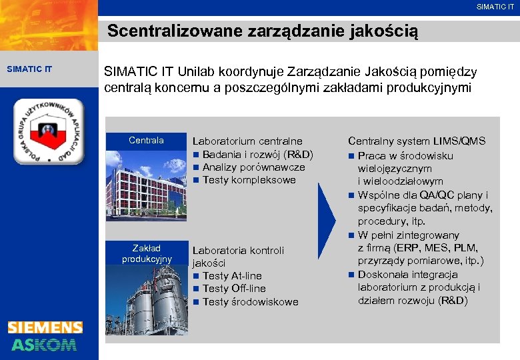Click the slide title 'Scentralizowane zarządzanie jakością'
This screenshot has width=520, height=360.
[x=263, y=31]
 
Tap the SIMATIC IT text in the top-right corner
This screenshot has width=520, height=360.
[x=495, y=7]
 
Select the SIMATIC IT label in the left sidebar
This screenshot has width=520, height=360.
[x=29, y=68]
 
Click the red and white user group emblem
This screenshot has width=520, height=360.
[x=50, y=132]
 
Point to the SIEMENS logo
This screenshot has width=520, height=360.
[x=45, y=327]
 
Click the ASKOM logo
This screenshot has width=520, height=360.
[x=44, y=344]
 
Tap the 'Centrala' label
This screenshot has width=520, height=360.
[x=146, y=141]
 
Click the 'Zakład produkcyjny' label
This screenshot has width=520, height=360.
[x=147, y=253]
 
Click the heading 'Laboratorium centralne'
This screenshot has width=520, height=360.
[x=247, y=141]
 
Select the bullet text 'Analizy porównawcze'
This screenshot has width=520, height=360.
[x=253, y=167]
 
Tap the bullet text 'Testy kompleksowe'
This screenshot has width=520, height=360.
[x=249, y=180]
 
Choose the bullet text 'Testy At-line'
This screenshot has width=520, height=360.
[x=232, y=276]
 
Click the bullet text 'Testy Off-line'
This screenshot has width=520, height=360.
[x=234, y=289]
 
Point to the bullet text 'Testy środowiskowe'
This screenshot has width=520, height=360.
[x=250, y=302]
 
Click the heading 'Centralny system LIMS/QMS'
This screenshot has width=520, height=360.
[x=417, y=141]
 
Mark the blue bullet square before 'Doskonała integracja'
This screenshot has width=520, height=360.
[x=351, y=275]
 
